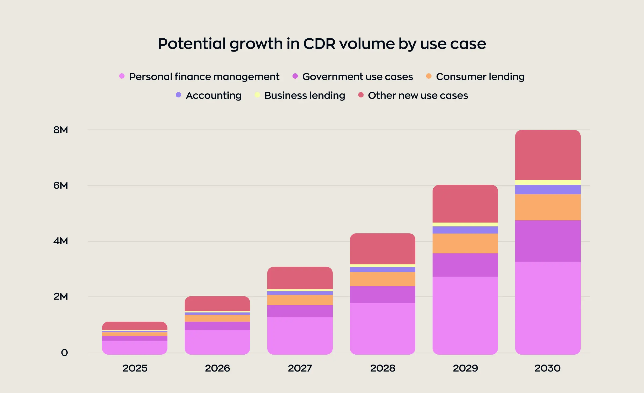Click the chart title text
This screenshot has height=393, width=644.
pyautogui.click(x=322, y=43)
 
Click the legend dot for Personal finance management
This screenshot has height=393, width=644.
pyautogui.click(x=122, y=76)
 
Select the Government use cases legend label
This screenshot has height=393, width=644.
pyautogui.click(x=357, y=77)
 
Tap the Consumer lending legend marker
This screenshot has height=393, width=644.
pyautogui.click(x=429, y=76)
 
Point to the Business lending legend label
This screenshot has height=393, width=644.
pyautogui.click(x=305, y=96)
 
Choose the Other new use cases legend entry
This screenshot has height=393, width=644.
pyautogui.click(x=418, y=96)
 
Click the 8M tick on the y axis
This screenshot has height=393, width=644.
pyautogui.click(x=61, y=130)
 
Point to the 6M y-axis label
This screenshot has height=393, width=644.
pyautogui.click(x=61, y=185)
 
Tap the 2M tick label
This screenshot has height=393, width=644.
pyautogui.click(x=61, y=297)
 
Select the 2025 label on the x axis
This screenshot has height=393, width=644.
pyautogui.click(x=135, y=368)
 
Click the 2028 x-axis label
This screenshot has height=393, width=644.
pyautogui.click(x=383, y=368)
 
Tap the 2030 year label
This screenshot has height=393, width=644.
pyautogui.click(x=547, y=368)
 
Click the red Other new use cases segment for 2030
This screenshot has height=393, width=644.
pyautogui.click(x=548, y=155)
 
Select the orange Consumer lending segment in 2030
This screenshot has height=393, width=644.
pyautogui.click(x=548, y=207)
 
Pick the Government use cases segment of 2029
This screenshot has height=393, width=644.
pyautogui.click(x=465, y=265)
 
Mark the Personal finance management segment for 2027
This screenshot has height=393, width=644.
pyautogui.click(x=300, y=336)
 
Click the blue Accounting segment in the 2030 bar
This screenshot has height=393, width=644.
pyautogui.click(x=548, y=190)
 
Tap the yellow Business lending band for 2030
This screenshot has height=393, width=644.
pyautogui.click(x=548, y=183)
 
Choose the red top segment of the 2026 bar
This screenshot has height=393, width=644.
pyautogui.click(x=217, y=304)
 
